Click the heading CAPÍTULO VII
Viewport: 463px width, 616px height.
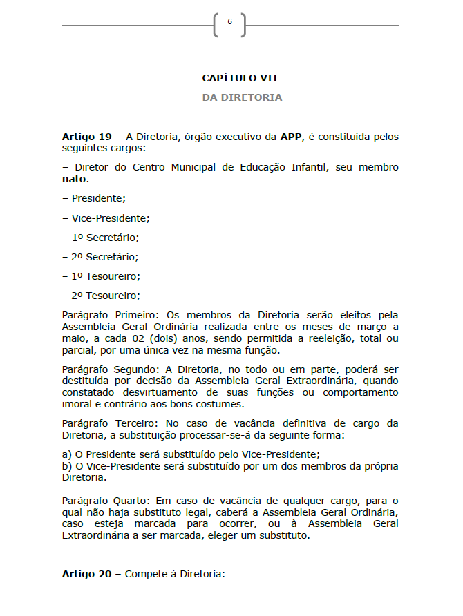click(240, 78)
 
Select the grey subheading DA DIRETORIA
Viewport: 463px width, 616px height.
click(242, 97)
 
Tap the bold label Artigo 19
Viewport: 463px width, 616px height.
click(86, 137)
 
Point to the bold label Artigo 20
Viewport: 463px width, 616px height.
click(86, 574)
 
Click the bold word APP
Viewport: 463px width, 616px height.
click(291, 137)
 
